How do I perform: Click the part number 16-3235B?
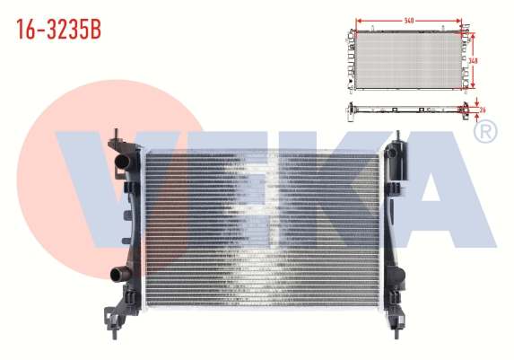[58, 30]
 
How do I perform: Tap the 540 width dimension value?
[409, 21]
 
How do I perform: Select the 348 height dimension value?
[473, 61]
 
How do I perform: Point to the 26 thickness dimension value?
[483, 110]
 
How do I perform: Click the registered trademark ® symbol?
[485, 132]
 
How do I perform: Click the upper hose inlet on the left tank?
[123, 162]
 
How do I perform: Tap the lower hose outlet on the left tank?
[119, 275]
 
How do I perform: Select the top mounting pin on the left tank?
[116, 134]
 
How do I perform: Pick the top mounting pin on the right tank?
[398, 136]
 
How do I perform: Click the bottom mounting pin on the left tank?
[115, 334]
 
